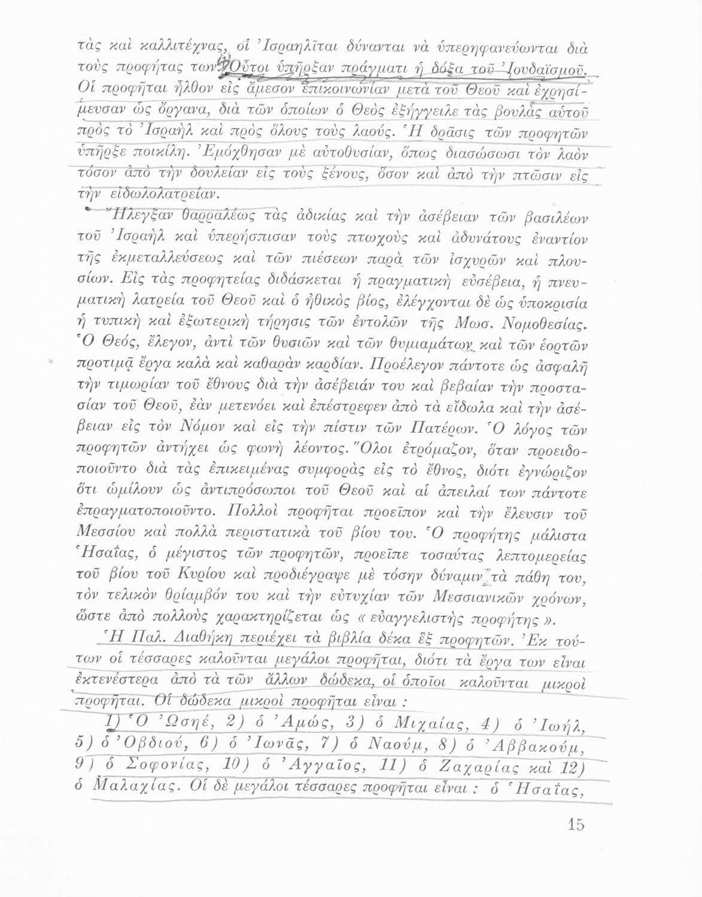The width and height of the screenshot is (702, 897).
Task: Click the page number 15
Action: (575, 825)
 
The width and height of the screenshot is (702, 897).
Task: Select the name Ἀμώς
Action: (297, 722)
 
